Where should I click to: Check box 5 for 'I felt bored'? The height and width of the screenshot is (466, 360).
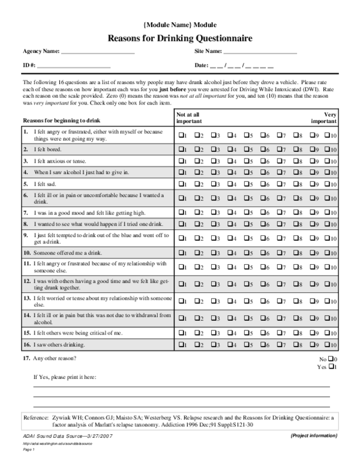[x=246, y=148]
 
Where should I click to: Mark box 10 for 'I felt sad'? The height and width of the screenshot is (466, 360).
[x=328, y=183]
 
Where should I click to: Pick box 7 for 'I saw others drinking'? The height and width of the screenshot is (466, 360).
[x=279, y=345]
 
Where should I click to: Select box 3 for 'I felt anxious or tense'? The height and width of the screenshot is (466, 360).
[x=214, y=161]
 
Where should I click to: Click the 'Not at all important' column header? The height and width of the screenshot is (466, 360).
[x=188, y=118]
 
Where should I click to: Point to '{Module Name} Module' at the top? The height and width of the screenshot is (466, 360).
[x=180, y=25]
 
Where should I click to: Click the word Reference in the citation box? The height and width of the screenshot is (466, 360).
[x=35, y=416]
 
